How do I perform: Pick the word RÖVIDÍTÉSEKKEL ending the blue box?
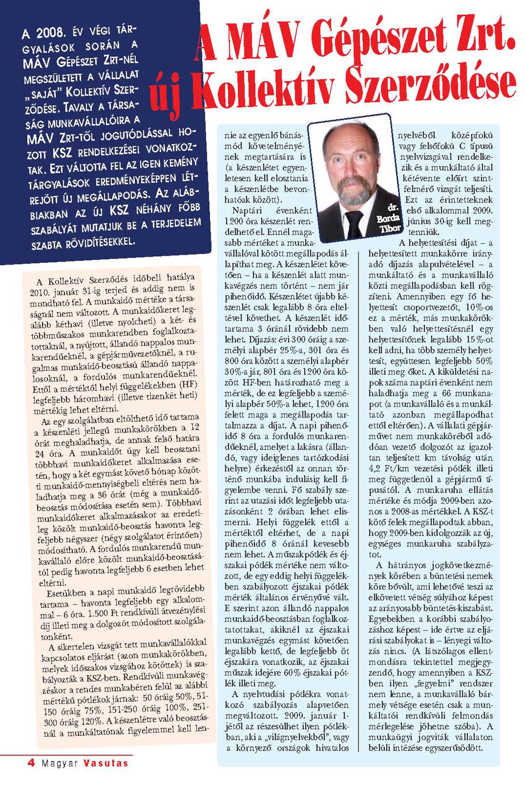[x=99, y=242]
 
